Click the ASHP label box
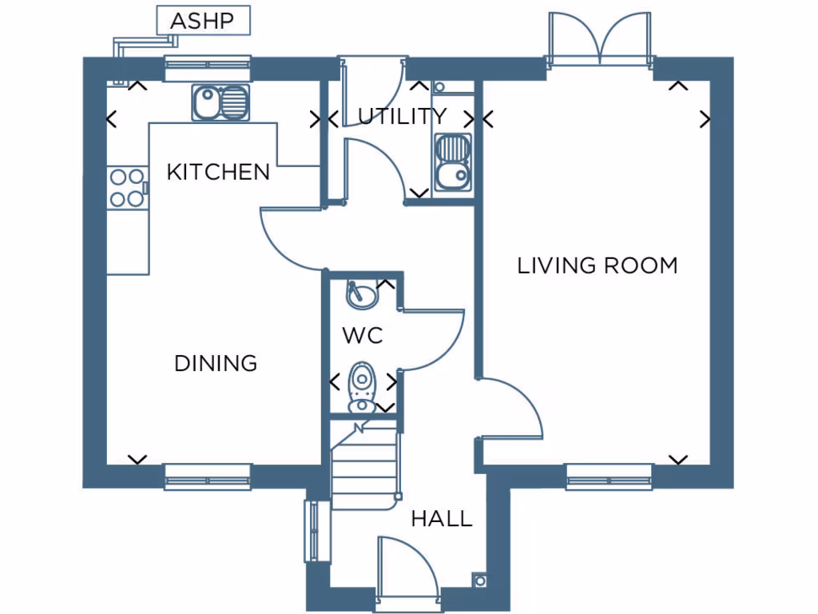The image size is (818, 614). [x=202, y=21]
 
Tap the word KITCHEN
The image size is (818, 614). [x=218, y=172]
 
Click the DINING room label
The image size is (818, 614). [x=216, y=364]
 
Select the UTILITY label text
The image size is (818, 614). [x=402, y=117]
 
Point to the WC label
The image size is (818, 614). [x=363, y=336]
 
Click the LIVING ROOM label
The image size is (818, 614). [x=598, y=265]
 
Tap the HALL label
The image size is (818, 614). [x=441, y=519]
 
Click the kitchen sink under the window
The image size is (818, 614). [x=219, y=103]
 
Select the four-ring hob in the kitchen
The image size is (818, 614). [x=126, y=188]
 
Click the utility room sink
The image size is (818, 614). [x=452, y=164]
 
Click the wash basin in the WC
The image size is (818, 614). [x=360, y=295]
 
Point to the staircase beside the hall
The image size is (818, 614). [x=364, y=468]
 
